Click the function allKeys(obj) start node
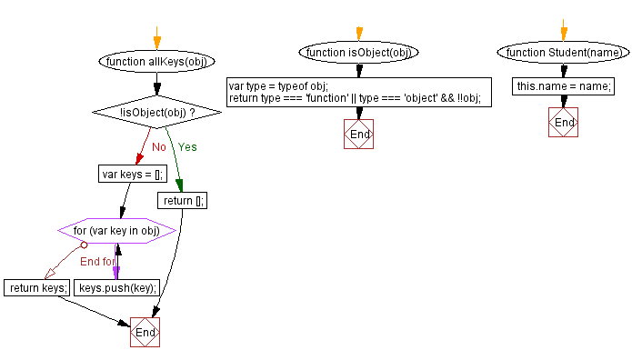156,62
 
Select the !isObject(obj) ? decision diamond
156,112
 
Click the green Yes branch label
187,146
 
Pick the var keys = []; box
132,174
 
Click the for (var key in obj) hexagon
115,231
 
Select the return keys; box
37,288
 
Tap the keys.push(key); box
117,288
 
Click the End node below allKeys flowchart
145,332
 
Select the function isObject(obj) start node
358,53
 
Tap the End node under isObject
358,135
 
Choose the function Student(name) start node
563,53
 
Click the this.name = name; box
563,86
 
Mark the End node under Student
563,122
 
